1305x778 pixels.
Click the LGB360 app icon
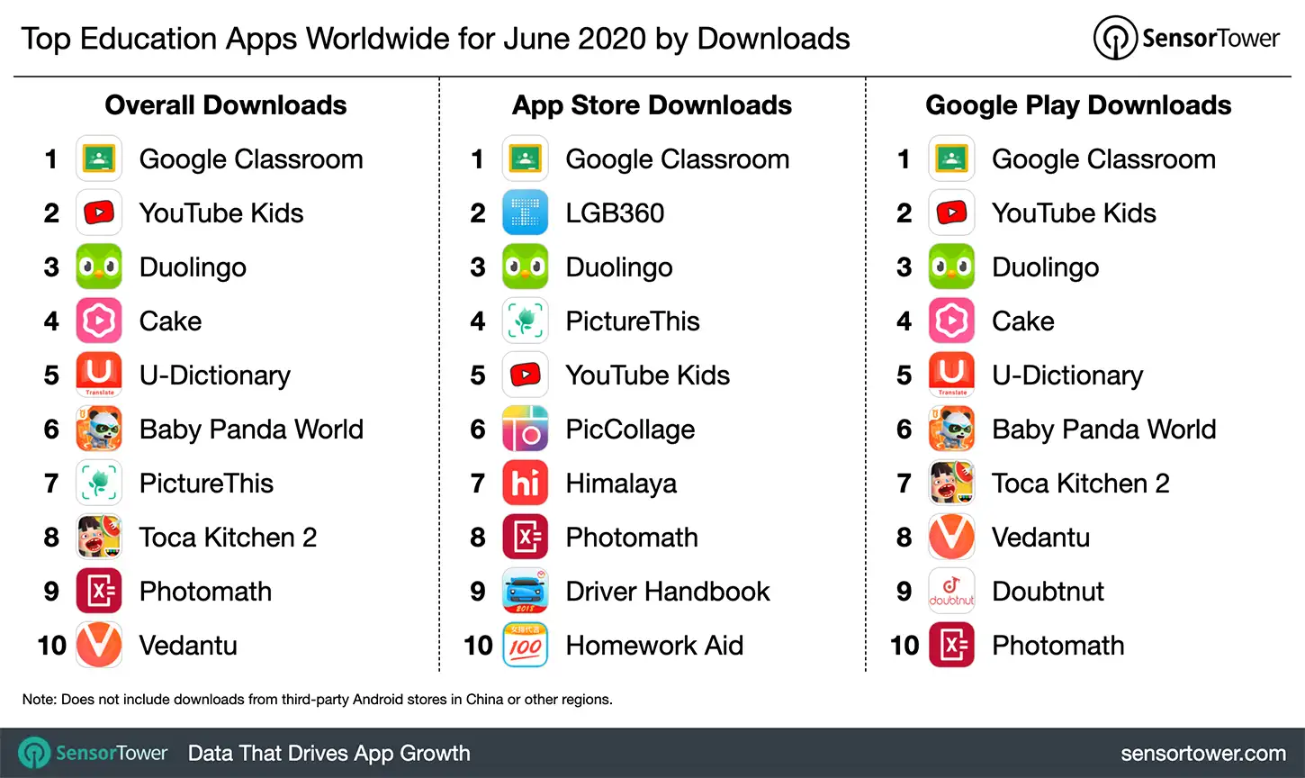pos(525,213)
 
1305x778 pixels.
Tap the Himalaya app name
pos(621,484)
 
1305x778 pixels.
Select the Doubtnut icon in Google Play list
pos(951,592)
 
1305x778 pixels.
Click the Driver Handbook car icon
pos(525,592)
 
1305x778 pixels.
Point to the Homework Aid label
pos(654,646)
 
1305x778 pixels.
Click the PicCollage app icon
pos(525,430)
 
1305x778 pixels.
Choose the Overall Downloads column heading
pos(226,105)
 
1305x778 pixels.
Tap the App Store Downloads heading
pos(652,105)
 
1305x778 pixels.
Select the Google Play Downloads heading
pos(1078,105)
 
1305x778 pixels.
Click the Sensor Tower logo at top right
pos(1187,39)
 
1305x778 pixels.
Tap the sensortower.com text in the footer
pos(1202,754)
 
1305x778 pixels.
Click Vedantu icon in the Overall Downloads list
pos(99,646)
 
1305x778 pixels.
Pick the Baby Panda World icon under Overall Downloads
pos(99,430)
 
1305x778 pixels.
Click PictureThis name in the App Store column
pos(633,321)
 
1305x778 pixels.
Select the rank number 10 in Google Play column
pos(904,646)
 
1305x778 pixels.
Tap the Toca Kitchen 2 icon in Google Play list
pos(951,484)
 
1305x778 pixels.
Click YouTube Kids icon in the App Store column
pos(525,375)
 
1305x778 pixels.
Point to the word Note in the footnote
pos(38,700)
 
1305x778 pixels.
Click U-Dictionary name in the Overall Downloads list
pos(215,375)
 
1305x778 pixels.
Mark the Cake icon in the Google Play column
pos(951,321)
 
